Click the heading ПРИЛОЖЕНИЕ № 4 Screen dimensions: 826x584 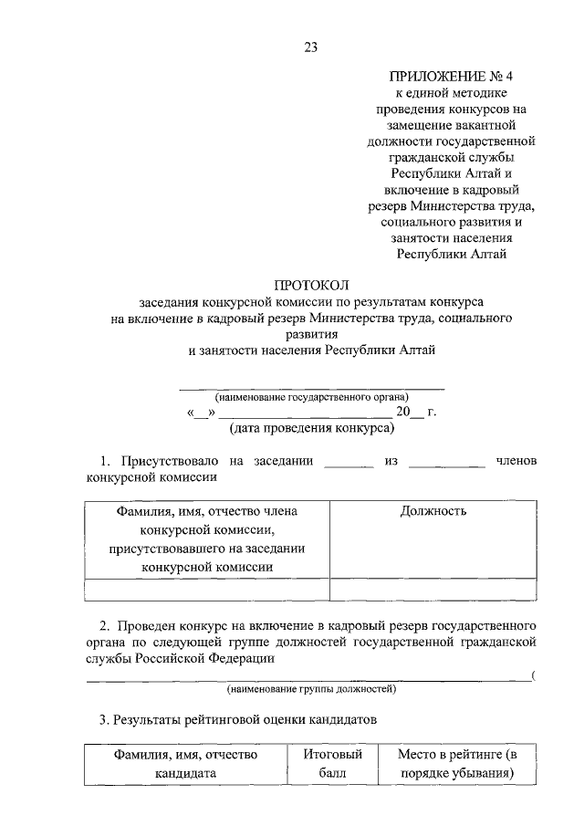[x=451, y=77]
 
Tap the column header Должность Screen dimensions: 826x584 [x=433, y=511]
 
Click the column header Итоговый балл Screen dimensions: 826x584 [x=332, y=764]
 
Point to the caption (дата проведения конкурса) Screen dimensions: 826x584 [x=311, y=427]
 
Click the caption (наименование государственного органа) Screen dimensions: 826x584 [x=311, y=397]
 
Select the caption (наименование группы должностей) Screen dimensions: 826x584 [x=311, y=689]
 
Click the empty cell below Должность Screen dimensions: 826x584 [x=433, y=590]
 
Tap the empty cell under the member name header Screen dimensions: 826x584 [x=207, y=590]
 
